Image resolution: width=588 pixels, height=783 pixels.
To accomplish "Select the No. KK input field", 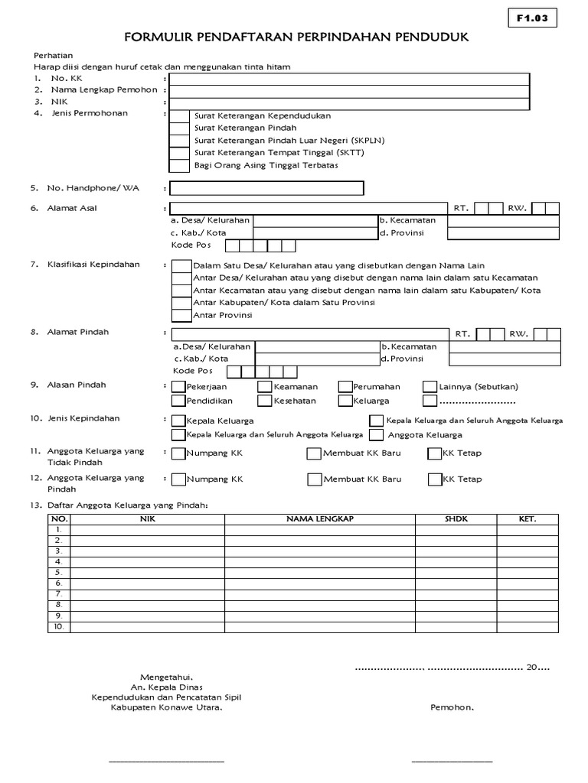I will coord(349,79).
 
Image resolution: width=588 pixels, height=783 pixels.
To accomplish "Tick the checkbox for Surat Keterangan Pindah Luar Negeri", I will coord(178,141).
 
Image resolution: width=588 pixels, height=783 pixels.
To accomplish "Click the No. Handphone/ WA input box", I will coord(266,188).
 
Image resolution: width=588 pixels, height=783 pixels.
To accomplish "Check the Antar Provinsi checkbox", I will coord(181,315).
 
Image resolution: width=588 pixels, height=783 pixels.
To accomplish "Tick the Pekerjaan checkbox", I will coord(178,387).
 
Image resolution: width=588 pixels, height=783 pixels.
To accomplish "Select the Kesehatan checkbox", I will coord(265,400).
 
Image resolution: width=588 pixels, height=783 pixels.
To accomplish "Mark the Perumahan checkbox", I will coord(346,387).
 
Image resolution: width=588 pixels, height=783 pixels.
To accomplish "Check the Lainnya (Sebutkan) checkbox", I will coord(430,387).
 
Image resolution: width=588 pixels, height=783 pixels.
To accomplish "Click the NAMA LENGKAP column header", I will coord(319,519).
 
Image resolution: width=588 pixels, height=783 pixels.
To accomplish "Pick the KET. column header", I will coord(528,519).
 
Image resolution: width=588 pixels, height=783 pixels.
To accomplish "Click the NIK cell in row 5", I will coord(147,573).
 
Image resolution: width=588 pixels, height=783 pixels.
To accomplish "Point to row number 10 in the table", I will coord(57,626).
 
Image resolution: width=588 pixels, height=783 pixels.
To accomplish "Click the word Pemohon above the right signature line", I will coord(452,707).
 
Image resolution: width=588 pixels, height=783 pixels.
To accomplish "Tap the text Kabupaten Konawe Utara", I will coord(158,707).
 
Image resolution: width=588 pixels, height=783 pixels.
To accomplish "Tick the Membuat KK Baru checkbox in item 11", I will coord(314,454).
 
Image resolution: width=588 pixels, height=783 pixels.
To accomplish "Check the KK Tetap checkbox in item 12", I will coord(435,480).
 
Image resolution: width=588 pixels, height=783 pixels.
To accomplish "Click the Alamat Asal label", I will coord(73,208).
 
